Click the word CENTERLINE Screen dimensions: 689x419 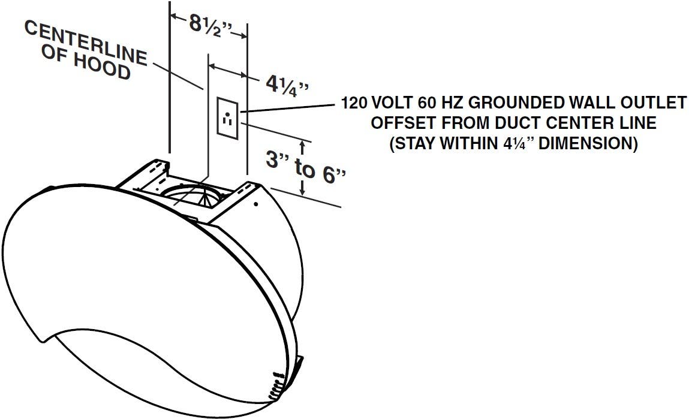(x=86, y=43)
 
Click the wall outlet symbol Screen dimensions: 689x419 (x=228, y=119)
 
